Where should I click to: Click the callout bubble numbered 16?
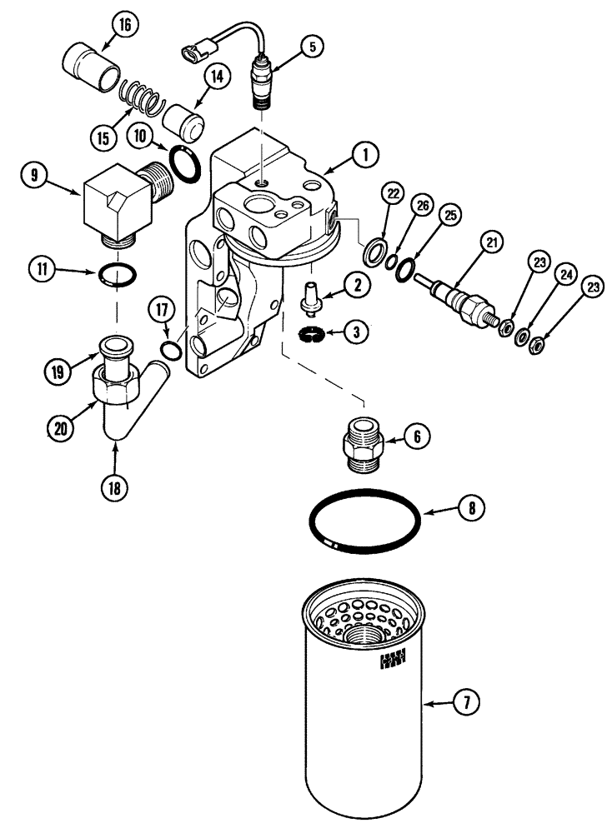pyautogui.click(x=125, y=26)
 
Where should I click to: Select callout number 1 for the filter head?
pyautogui.click(x=364, y=153)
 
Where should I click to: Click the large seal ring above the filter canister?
pyautogui.click(x=364, y=521)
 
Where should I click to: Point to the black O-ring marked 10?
pyautogui.click(x=184, y=161)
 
